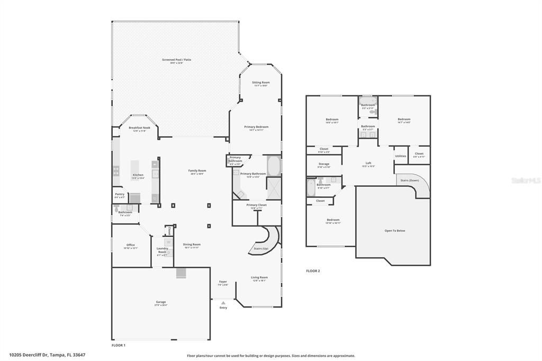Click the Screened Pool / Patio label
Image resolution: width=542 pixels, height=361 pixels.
point(176,60)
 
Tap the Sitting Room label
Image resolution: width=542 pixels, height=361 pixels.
point(260,83)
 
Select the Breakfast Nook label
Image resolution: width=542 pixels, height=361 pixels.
point(139,128)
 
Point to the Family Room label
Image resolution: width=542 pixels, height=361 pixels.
point(197,170)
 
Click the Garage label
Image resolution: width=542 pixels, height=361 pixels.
point(160,302)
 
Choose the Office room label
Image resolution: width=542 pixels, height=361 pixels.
point(130,245)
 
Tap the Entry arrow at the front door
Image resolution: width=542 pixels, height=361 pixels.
point(223,303)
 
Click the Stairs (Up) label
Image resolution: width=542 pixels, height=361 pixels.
point(261,248)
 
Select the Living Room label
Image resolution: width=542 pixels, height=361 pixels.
point(259,277)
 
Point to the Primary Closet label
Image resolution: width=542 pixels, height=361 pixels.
point(257,205)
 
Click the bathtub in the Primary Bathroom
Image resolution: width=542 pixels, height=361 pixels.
point(274,166)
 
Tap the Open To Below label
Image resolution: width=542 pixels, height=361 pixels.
point(394,231)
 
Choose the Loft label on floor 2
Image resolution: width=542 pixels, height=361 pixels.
point(368,163)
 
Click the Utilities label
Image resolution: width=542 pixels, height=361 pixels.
point(401,156)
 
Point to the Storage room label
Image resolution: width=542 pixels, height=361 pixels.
point(323,164)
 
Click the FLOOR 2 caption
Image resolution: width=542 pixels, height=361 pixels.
point(313,271)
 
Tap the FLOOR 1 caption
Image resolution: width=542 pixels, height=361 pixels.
point(119,345)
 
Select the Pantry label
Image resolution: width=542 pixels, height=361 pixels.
point(120,194)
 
